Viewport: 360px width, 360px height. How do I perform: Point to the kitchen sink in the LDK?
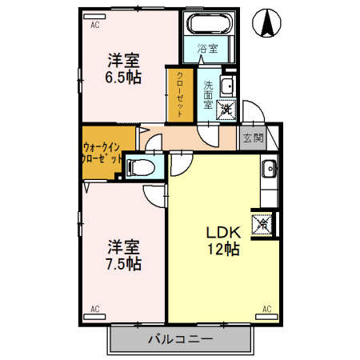[x=269, y=169]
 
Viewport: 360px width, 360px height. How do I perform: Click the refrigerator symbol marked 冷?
[x=262, y=224]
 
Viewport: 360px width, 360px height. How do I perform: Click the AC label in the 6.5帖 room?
[x=94, y=25]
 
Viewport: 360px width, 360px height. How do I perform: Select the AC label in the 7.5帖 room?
[x=94, y=308]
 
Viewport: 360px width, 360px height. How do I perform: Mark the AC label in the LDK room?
[x=266, y=308]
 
